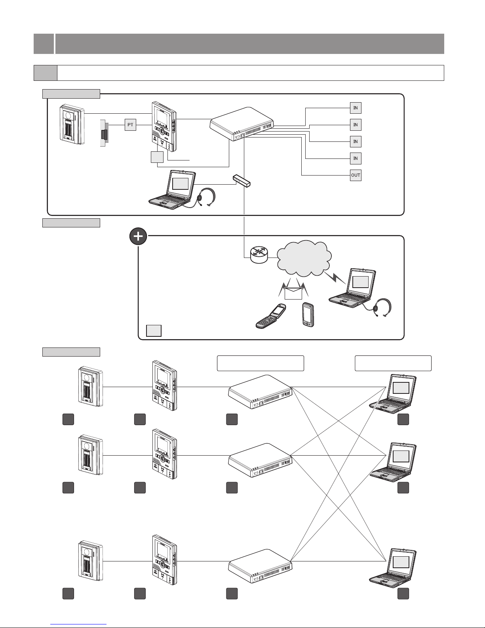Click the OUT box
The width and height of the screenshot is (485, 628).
[x=356, y=175]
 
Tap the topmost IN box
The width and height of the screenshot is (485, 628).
[x=356, y=108]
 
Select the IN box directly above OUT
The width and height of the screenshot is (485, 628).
[x=356, y=158]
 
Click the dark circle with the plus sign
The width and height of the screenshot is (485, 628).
[x=138, y=237]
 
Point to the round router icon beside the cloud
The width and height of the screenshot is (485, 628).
[x=260, y=254]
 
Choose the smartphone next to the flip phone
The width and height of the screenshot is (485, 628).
[x=308, y=315]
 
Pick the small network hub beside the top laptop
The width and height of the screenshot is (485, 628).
[x=242, y=181]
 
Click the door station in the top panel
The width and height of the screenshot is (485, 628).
[x=72, y=123]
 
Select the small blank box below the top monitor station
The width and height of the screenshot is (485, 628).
[x=157, y=158]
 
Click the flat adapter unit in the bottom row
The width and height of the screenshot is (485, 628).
[x=261, y=566]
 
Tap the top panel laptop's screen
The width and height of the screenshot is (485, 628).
[x=180, y=183]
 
